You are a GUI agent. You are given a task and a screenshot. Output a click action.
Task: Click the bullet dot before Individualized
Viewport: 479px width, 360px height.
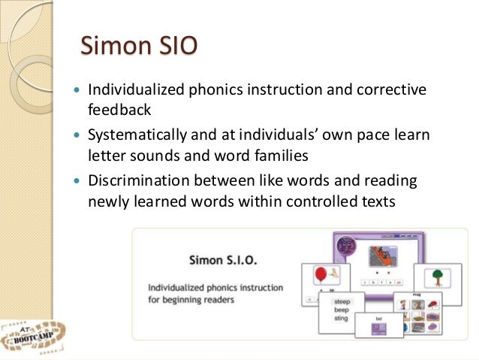[79, 92]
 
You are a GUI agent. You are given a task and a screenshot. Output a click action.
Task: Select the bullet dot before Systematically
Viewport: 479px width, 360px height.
[79, 138]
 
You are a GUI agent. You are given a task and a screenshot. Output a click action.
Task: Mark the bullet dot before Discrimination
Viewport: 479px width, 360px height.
[79, 183]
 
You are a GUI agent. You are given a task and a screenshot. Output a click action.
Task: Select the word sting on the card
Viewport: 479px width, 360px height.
[341, 318]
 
